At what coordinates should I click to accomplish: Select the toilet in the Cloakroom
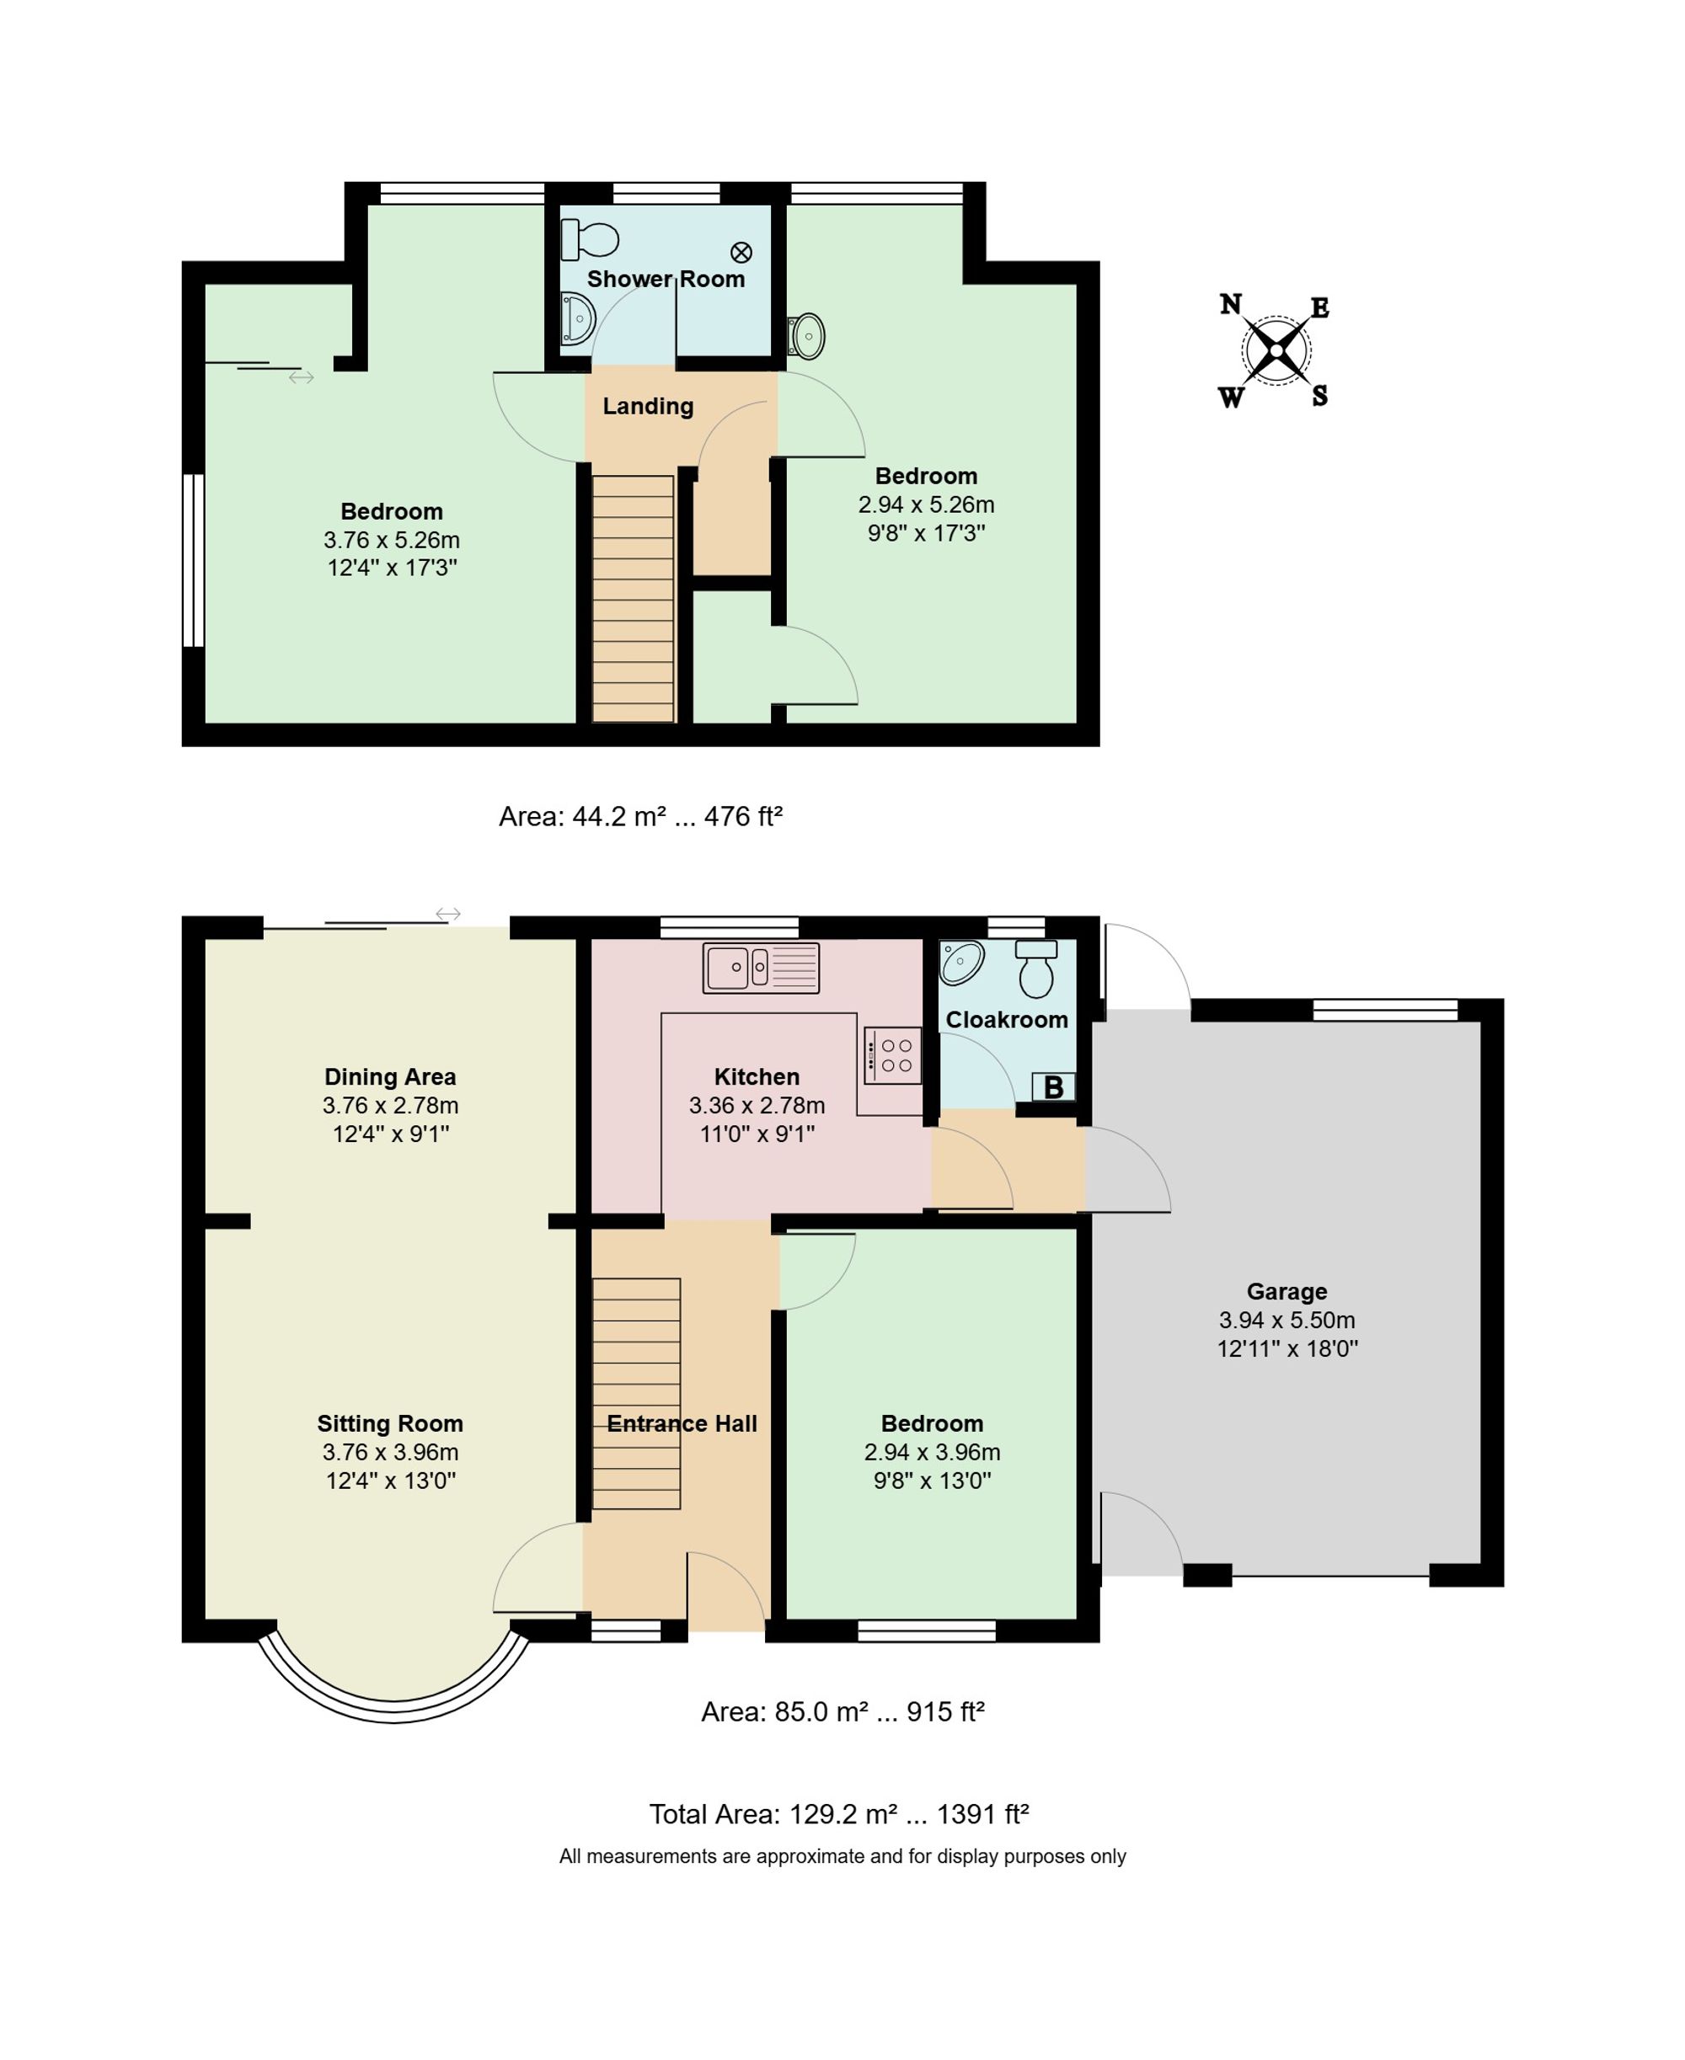[x=1036, y=968]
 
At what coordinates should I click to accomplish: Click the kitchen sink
[x=761, y=968]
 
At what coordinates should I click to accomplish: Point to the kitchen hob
[x=893, y=1054]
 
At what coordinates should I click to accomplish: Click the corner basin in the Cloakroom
[x=961, y=962]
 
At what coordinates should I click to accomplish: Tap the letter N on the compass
[x=1231, y=305]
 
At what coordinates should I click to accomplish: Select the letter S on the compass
[x=1320, y=396]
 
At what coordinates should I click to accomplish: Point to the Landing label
[x=649, y=407]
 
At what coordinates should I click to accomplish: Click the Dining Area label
[x=390, y=1077]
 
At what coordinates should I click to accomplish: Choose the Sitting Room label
[x=390, y=1423]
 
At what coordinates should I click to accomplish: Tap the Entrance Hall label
[x=682, y=1423]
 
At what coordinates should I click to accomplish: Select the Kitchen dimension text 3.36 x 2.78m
[x=757, y=1105]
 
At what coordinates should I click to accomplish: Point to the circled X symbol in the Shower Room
[x=741, y=253]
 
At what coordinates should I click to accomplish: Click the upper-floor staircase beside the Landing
[x=633, y=599]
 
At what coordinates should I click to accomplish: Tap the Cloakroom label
[x=1007, y=1020]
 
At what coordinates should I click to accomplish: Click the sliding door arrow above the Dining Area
[x=448, y=914]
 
